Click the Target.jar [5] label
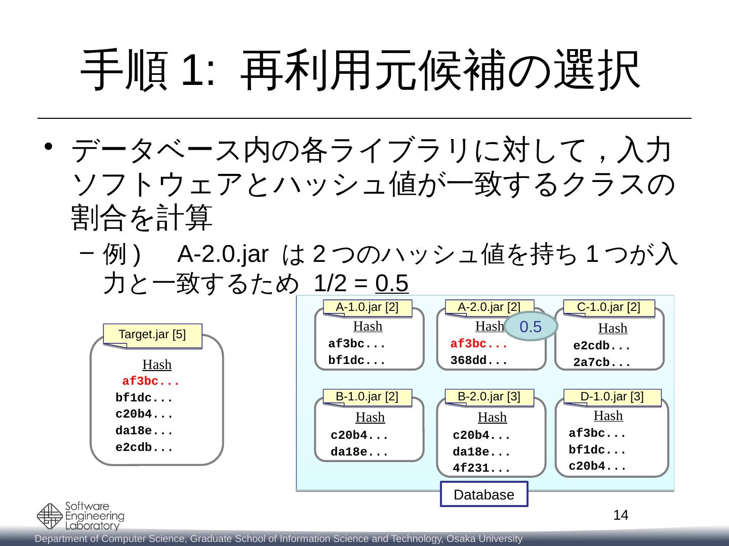click(x=152, y=335)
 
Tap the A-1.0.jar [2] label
click(x=367, y=307)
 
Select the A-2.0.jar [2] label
click(x=489, y=307)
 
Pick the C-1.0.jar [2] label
click(x=609, y=307)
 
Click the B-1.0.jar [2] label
click(x=367, y=397)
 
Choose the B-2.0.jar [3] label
click(x=489, y=397)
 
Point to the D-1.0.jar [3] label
click(x=612, y=397)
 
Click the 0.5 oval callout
click(x=531, y=327)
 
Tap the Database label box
click(x=484, y=494)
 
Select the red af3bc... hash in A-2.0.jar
click(x=479, y=344)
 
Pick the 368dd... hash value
click(x=479, y=361)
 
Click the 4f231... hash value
click(x=481, y=468)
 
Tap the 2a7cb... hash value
click(x=602, y=363)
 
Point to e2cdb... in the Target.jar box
click(x=144, y=447)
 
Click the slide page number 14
click(x=621, y=515)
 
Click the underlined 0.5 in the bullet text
click(x=392, y=285)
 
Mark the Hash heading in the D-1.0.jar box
click(x=608, y=416)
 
